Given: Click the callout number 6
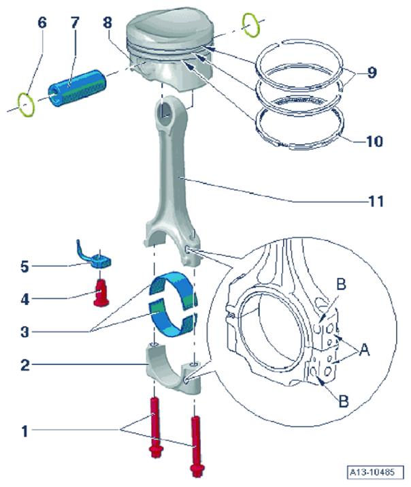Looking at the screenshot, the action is (x=42, y=22).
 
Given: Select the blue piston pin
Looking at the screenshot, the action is (x=78, y=88).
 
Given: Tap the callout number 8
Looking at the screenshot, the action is (x=108, y=22).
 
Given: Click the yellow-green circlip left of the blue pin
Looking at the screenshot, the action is (x=26, y=105).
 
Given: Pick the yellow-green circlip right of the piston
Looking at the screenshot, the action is (x=251, y=25).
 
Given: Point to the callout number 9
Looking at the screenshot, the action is (x=372, y=72).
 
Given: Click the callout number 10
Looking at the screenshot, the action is (x=375, y=142).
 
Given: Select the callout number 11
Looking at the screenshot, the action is (x=376, y=201).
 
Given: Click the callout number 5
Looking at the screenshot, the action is (x=24, y=266).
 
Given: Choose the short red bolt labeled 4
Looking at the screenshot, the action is (x=101, y=292).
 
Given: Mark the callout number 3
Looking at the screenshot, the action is (x=24, y=332).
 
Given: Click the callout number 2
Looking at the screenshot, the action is (x=25, y=365).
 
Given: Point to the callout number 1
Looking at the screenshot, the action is (x=24, y=431).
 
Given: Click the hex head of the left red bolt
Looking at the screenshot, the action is (x=155, y=452).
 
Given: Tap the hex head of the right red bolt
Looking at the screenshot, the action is (x=197, y=469).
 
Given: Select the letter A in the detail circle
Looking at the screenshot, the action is (x=364, y=350).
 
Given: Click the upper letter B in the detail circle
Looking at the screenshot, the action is (x=341, y=284).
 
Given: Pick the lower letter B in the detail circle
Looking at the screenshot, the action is (x=344, y=401).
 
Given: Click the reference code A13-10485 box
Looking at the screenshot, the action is (x=376, y=473).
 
